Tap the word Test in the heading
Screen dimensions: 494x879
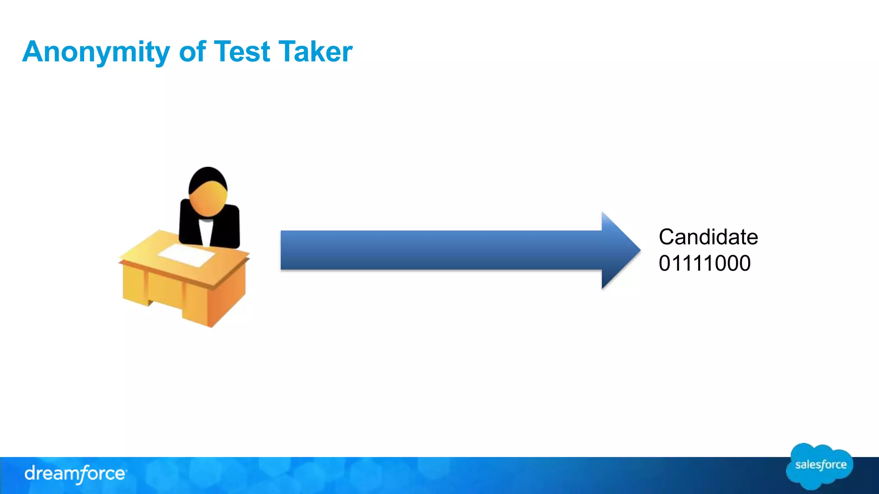coord(242,52)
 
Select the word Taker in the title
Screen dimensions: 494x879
coord(315,52)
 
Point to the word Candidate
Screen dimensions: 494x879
coord(708,237)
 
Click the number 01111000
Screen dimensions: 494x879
coord(704,263)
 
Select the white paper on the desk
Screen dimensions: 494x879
coord(187,255)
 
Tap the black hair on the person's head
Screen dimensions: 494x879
coord(208,175)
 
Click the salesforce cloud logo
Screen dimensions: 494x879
coord(819,466)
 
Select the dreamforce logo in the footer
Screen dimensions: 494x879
coord(75,474)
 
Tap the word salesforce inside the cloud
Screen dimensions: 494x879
coord(821,465)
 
